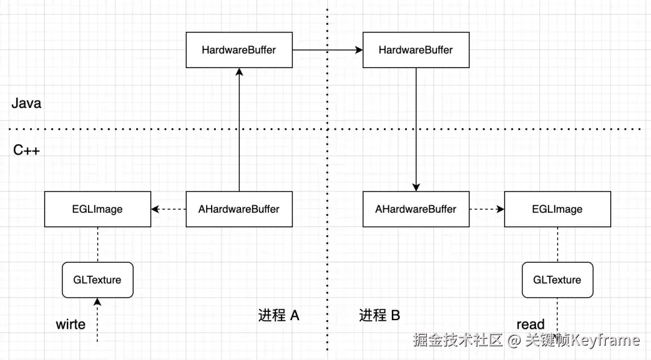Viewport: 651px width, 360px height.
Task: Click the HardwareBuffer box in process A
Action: (x=239, y=50)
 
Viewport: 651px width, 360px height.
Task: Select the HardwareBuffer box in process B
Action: (x=415, y=50)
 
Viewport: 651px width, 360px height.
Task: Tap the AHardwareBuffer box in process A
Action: (x=239, y=209)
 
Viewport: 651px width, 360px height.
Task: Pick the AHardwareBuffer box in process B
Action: (x=415, y=209)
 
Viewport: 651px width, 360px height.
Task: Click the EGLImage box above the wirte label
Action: (x=98, y=209)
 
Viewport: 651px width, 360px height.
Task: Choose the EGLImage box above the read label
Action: (x=557, y=209)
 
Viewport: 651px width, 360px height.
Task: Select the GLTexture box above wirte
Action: (x=97, y=280)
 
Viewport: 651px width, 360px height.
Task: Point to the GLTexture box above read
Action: (x=557, y=280)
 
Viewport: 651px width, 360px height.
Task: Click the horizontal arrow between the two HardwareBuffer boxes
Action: (x=327, y=50)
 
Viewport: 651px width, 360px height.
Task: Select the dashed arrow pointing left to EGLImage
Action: (x=168, y=209)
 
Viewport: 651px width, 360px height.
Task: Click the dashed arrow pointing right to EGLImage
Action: (x=486, y=209)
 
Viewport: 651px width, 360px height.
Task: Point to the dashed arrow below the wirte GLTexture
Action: (x=97, y=320)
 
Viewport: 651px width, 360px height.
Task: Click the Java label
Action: (x=27, y=103)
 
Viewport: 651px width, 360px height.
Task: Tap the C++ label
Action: (x=27, y=150)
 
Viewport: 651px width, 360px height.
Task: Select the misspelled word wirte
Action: (x=71, y=324)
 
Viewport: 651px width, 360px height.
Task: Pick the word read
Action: (x=530, y=324)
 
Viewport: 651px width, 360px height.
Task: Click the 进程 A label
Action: (x=278, y=315)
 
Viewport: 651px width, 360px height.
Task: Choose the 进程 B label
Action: (x=380, y=315)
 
